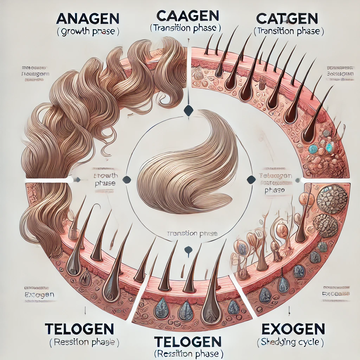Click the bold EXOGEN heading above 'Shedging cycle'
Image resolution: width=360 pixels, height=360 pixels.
click(x=293, y=329)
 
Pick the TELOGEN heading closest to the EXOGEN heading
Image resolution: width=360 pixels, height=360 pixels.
click(x=188, y=341)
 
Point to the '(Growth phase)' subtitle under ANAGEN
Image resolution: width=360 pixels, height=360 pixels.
click(x=88, y=32)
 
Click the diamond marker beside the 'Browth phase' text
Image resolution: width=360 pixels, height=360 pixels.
click(x=128, y=180)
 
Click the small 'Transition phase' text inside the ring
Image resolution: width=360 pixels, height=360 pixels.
click(x=192, y=233)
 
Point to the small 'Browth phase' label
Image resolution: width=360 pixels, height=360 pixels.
click(x=107, y=179)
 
